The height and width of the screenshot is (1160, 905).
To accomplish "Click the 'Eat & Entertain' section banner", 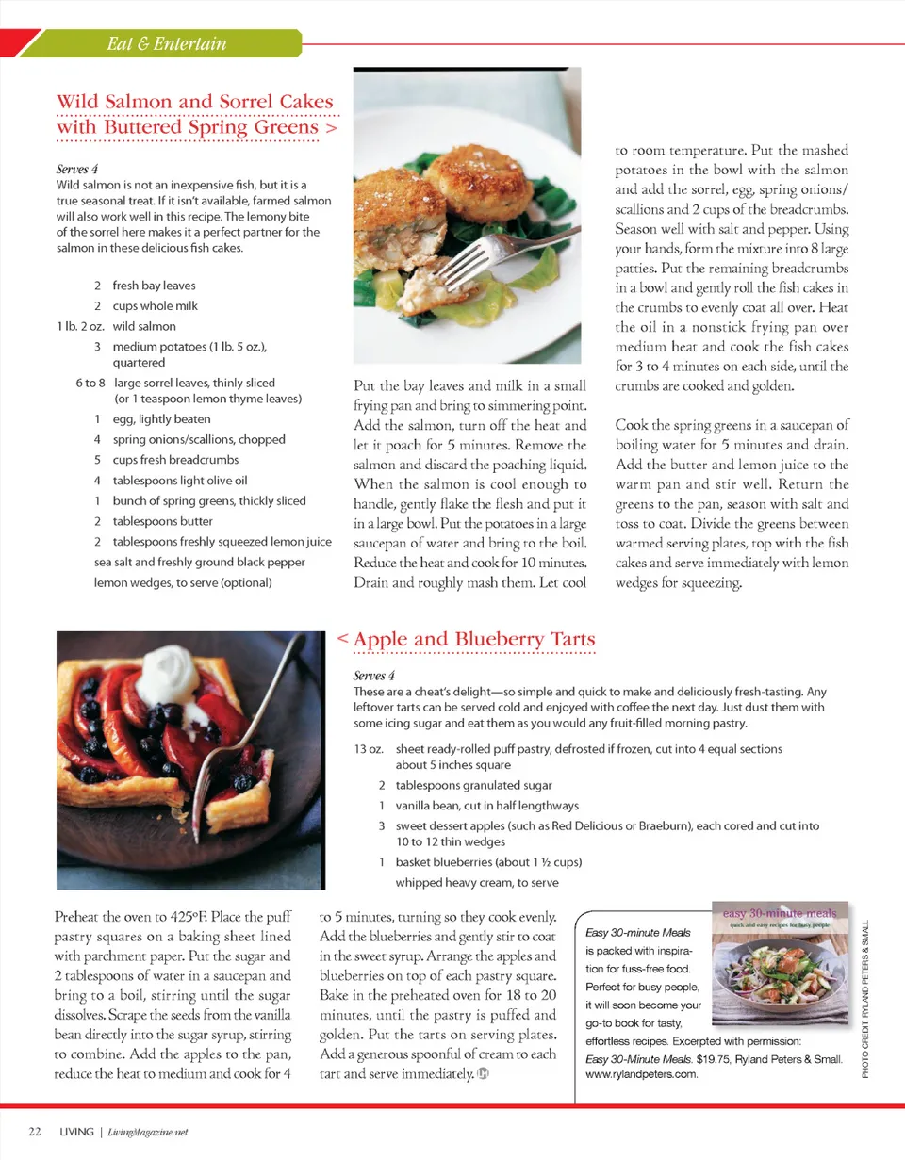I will pyautogui.click(x=167, y=43).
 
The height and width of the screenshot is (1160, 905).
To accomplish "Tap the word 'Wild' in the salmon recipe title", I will pyautogui.click(x=77, y=102).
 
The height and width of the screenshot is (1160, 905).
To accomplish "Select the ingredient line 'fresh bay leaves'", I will pyautogui.click(x=154, y=286).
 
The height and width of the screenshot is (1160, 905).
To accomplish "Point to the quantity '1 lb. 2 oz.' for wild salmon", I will pyautogui.click(x=79, y=326).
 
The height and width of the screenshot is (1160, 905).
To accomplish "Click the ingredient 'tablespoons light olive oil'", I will pyautogui.click(x=180, y=481).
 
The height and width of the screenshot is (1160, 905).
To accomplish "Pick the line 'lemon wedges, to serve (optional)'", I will pyautogui.click(x=183, y=582).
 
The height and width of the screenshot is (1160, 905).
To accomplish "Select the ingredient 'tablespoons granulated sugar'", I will pyautogui.click(x=473, y=785).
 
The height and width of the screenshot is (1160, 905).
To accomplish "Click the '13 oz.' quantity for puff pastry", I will pyautogui.click(x=368, y=749).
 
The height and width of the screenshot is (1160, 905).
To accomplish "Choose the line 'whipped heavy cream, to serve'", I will pyautogui.click(x=476, y=883).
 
